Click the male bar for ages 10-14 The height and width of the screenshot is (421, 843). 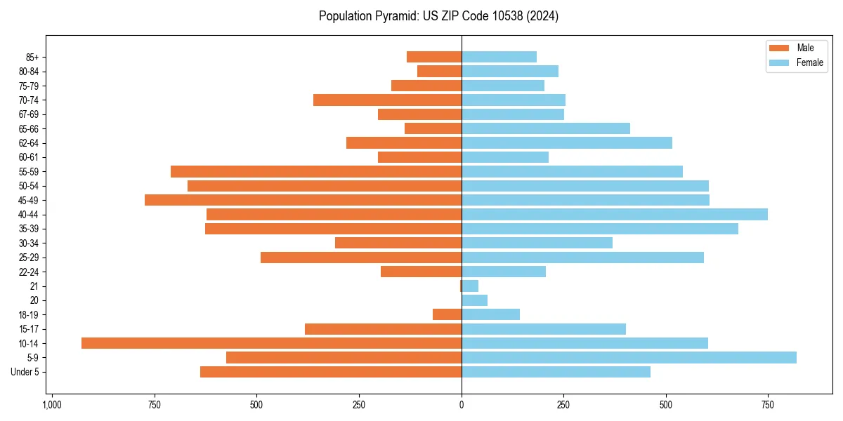pyautogui.click(x=271, y=343)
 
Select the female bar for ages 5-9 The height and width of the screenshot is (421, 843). pyautogui.click(x=629, y=357)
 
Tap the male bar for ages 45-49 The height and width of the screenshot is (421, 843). pyautogui.click(x=303, y=200)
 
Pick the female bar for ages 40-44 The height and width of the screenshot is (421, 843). pyautogui.click(x=615, y=214)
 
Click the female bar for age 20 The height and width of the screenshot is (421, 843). pyautogui.click(x=474, y=300)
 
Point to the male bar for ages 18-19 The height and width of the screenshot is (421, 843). pyautogui.click(x=447, y=314)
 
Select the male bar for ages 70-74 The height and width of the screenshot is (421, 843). pyautogui.click(x=387, y=100)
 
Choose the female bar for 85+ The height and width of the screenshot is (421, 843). pyautogui.click(x=499, y=57)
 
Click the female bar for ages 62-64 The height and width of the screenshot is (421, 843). pyautogui.click(x=567, y=142)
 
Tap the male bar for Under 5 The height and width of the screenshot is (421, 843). pyautogui.click(x=331, y=372)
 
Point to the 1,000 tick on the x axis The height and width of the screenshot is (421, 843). pyautogui.click(x=52, y=406)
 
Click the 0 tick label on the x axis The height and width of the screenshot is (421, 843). pyautogui.click(x=462, y=406)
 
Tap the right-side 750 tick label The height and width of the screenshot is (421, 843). pyautogui.click(x=768, y=406)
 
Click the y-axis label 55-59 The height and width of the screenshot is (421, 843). pyautogui.click(x=29, y=171)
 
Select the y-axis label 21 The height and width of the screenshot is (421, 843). pyautogui.click(x=34, y=286)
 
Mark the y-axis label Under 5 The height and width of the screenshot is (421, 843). pyautogui.click(x=25, y=372)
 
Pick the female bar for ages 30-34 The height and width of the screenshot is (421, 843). pyautogui.click(x=537, y=243)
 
